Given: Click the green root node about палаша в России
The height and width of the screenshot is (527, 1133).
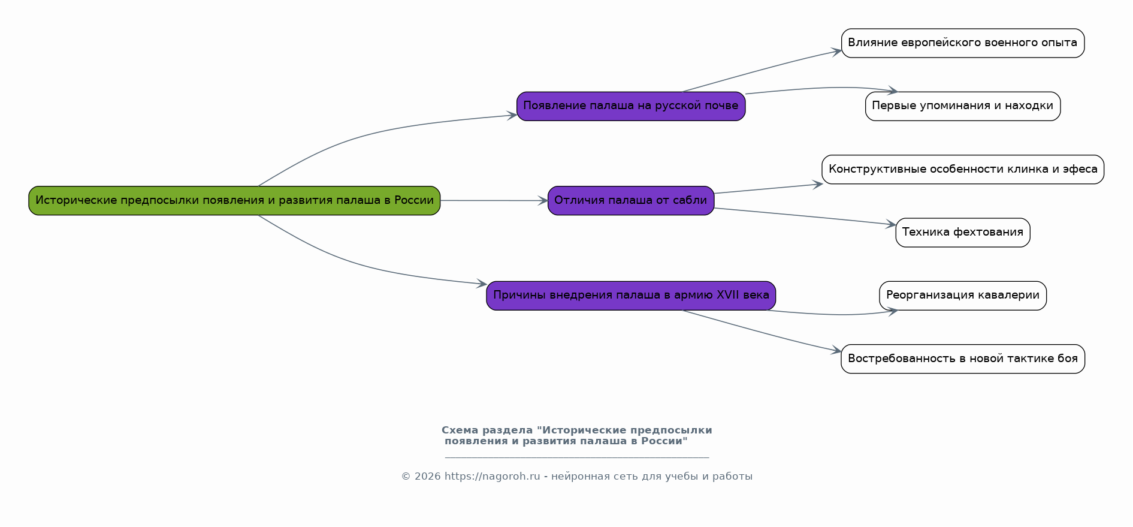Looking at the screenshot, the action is (234, 200).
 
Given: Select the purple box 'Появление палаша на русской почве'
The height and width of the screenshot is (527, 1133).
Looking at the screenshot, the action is (631, 106).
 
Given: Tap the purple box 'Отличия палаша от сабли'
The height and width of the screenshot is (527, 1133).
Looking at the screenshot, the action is (631, 200).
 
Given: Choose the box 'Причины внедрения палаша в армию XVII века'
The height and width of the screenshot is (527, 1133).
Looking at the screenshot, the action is (631, 296).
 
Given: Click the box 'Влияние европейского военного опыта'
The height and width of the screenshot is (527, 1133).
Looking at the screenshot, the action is (963, 43).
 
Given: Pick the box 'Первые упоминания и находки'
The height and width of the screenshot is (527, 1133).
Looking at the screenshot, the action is (963, 106).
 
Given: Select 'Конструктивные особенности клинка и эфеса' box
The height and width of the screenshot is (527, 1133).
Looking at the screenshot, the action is (963, 169).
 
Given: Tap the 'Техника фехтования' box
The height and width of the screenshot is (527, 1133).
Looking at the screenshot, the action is (963, 233).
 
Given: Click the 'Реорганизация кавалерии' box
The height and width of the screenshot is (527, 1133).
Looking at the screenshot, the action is (963, 296).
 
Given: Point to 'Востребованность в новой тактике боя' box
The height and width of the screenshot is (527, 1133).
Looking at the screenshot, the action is (963, 359).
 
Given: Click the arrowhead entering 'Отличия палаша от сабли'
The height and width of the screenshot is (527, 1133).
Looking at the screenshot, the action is (543, 201).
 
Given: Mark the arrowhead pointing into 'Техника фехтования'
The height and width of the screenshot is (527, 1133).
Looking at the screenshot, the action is (891, 224).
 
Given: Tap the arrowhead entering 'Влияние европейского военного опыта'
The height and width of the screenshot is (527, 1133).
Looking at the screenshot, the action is (836, 52).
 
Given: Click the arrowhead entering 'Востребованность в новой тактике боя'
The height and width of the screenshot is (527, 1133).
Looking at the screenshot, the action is (836, 351).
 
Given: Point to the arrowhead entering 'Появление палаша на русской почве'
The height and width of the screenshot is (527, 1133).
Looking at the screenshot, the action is (512, 115).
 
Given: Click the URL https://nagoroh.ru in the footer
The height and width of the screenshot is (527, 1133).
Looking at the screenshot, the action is (492, 477).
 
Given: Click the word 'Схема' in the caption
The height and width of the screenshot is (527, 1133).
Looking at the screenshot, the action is (460, 430).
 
